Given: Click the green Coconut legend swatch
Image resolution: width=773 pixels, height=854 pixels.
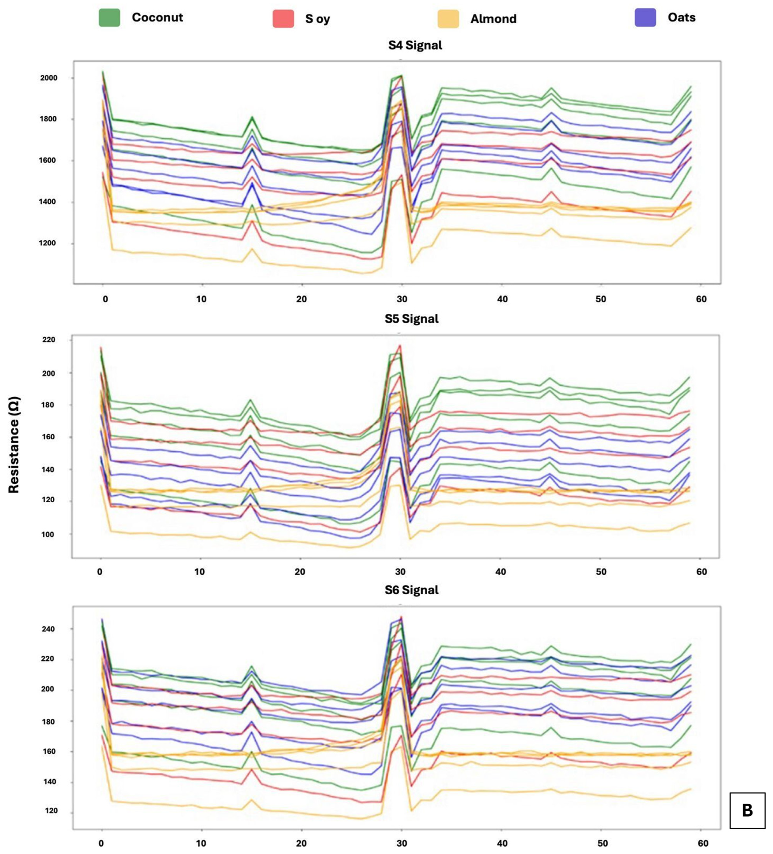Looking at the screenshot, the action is [109, 17].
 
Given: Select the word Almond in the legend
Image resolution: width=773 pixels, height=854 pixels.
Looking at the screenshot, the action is [494, 19].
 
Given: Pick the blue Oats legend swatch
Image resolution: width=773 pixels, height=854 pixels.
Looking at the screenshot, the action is [645, 17].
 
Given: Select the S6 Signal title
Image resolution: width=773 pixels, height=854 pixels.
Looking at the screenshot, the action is [412, 590].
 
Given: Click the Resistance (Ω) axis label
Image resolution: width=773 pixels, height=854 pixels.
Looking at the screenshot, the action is [14, 445].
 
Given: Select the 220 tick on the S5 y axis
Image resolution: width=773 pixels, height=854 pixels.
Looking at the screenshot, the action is [49, 340].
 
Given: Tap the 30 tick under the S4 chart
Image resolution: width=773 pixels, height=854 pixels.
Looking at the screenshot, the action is [402, 299].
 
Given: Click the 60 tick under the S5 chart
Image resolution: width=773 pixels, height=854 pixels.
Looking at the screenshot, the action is [701, 572].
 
